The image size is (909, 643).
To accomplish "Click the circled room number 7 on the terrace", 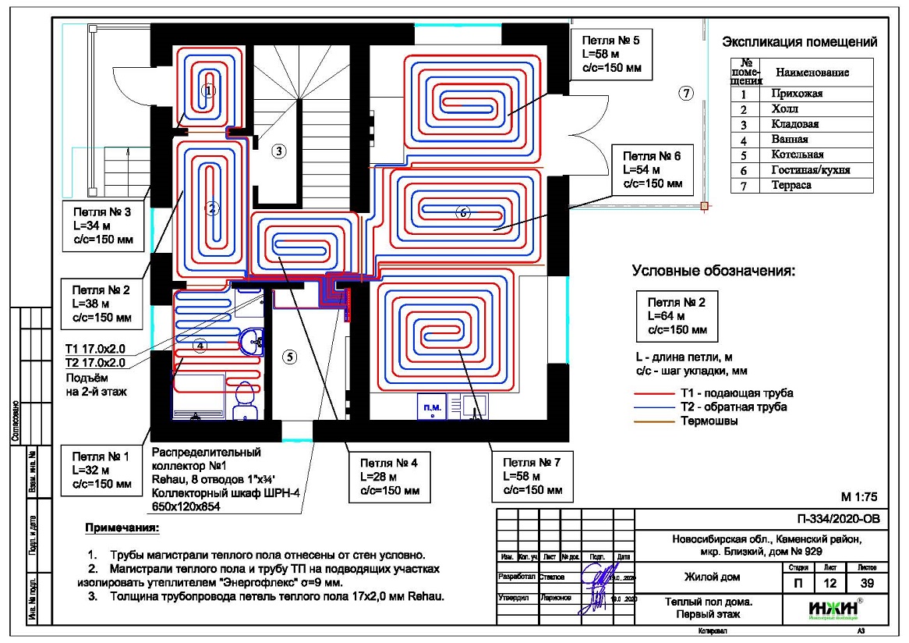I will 685,94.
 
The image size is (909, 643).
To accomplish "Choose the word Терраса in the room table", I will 792,186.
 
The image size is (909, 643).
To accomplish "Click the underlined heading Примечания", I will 121,529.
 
